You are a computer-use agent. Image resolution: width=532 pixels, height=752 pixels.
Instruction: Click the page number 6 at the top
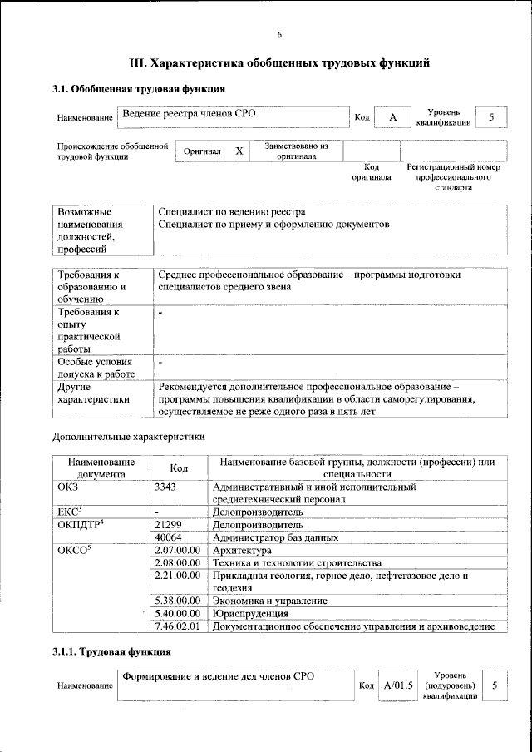coord(279,34)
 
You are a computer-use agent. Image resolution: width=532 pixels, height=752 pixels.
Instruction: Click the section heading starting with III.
coord(280,62)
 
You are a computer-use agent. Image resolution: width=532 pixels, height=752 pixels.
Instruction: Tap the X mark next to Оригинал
coord(239,151)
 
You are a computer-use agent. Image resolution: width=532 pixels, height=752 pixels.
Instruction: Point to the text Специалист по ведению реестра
coord(231,212)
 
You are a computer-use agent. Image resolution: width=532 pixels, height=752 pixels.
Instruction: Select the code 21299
coord(170,525)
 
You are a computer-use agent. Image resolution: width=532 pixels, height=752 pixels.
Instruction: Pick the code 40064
coord(170,537)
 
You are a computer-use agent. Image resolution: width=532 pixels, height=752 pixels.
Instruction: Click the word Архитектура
coord(242,551)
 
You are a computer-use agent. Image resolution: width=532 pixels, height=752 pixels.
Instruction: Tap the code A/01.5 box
coord(398,685)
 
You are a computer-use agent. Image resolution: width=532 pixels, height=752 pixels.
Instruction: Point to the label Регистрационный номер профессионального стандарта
coord(453,177)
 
